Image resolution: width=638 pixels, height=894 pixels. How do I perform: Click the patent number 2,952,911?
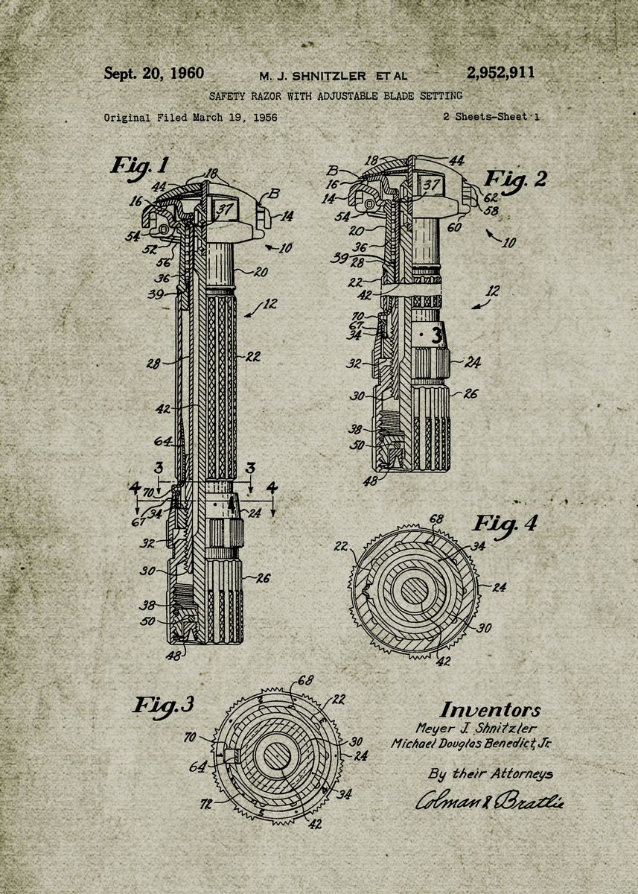pyautogui.click(x=500, y=73)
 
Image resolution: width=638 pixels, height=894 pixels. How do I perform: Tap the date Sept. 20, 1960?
pyautogui.click(x=154, y=73)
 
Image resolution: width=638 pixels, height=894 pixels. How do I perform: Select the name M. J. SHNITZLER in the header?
pyautogui.click(x=313, y=76)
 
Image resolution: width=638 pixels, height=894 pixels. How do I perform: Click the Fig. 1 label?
pyautogui.click(x=140, y=165)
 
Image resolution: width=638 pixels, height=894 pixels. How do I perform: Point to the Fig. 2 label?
pyautogui.click(x=515, y=179)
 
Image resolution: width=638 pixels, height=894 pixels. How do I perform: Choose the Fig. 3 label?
pyautogui.click(x=164, y=704)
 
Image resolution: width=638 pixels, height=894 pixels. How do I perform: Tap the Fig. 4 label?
pyautogui.click(x=505, y=524)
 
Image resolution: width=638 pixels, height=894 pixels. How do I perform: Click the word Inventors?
pyautogui.click(x=490, y=710)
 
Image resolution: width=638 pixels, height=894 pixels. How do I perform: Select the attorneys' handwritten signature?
pyautogui.click(x=490, y=801)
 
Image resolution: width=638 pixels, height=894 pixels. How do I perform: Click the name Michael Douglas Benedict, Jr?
pyautogui.click(x=471, y=744)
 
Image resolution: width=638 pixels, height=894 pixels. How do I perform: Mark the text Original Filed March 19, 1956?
pyautogui.click(x=191, y=118)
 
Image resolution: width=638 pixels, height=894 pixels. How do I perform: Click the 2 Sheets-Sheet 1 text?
pyautogui.click(x=491, y=117)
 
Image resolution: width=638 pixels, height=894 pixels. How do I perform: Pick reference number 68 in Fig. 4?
pyautogui.click(x=437, y=519)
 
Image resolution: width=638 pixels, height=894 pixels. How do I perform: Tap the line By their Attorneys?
pyautogui.click(x=491, y=773)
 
